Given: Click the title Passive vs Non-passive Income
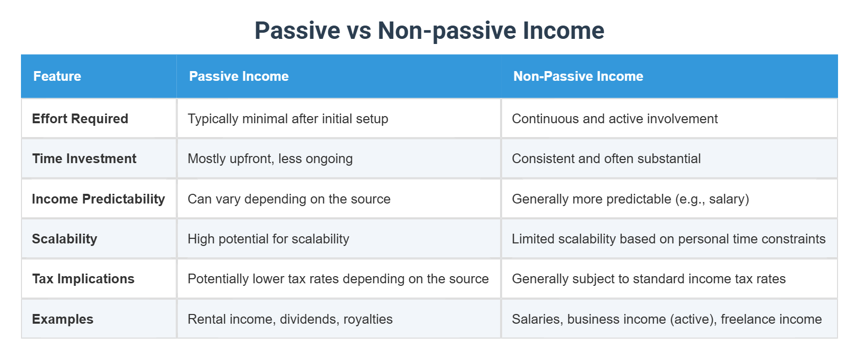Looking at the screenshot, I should (429, 31).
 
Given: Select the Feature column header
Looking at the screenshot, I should (57, 76).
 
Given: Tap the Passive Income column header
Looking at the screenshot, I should (239, 76).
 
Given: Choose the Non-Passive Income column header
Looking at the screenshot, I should (578, 76).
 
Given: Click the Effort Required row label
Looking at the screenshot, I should (80, 119).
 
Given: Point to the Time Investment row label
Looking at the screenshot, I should (84, 159).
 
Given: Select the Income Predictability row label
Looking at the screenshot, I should (98, 199).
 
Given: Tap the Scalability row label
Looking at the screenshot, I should (64, 239).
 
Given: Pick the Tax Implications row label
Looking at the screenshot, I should (83, 279).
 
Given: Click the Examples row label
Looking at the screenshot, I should (63, 319).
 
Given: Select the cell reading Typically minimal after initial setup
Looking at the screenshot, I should (288, 119).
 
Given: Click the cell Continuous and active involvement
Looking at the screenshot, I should (615, 119).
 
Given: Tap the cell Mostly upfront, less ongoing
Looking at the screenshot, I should (270, 159).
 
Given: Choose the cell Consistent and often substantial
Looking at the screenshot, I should (606, 159).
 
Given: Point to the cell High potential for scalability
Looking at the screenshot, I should (268, 239).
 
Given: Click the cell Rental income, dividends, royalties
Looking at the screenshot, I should (290, 319).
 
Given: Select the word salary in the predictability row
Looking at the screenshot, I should (727, 199).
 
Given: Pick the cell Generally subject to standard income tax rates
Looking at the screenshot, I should (648, 279).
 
